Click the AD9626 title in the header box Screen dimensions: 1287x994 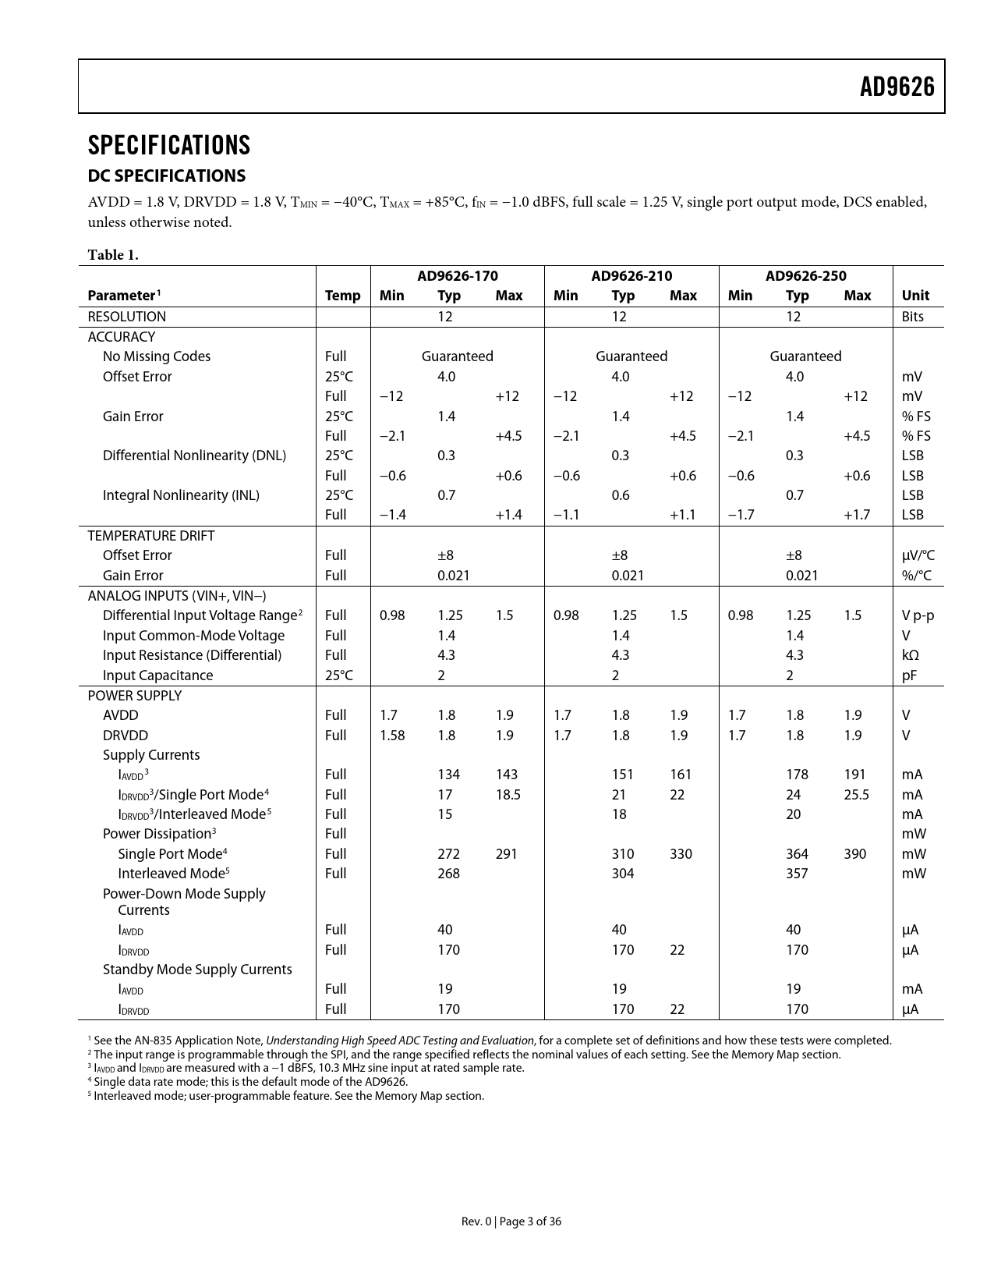coord(897,87)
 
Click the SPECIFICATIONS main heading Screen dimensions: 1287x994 coord(169,146)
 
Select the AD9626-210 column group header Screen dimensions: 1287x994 coord(631,276)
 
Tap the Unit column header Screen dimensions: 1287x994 coord(915,296)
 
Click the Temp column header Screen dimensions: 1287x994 coord(342,296)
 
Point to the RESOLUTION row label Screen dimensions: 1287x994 coord(126,317)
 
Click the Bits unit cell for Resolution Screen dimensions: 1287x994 coord(912,317)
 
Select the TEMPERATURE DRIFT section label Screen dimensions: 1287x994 coord(150,536)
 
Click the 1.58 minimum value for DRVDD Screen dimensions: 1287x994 coord(392,736)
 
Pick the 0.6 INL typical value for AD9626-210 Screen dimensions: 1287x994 coord(621,495)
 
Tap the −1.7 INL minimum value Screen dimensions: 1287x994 coord(741,515)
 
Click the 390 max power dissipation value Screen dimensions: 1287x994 coord(854,854)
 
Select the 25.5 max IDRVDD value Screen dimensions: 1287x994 coord(856,795)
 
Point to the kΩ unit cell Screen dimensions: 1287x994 coord(911,655)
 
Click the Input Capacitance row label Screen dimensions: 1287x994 coord(157,675)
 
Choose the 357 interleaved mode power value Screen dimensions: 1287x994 coord(797,874)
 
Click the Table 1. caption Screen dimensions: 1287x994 coord(113,254)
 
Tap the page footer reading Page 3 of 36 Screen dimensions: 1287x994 coord(511,1221)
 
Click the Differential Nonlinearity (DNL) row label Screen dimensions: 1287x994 coord(194,456)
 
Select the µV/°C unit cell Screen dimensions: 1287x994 coord(918,555)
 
